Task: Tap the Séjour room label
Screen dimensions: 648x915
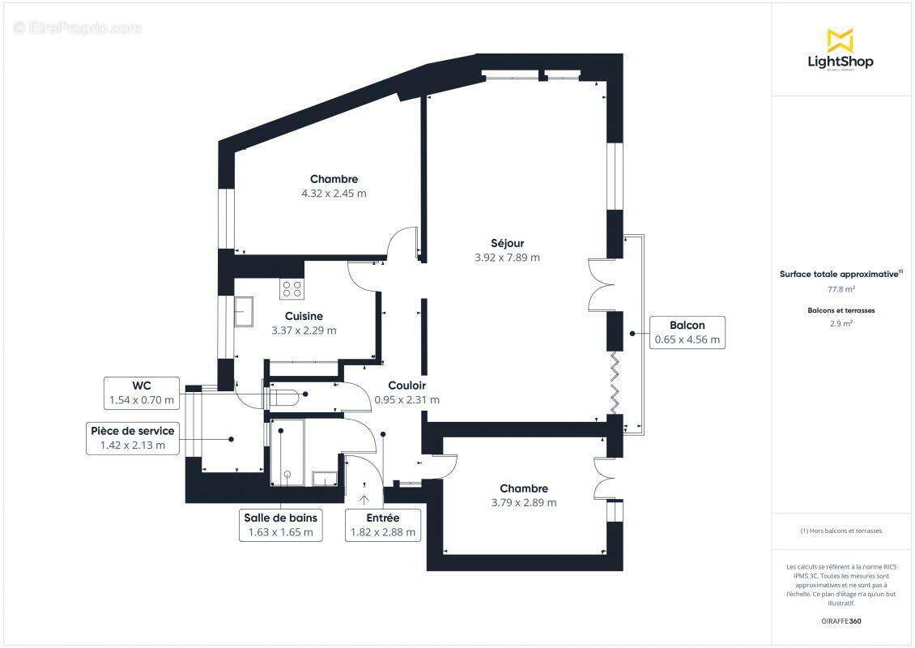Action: (x=507, y=243)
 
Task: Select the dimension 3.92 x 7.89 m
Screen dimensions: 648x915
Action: (x=507, y=258)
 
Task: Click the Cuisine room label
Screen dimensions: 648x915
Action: (x=304, y=316)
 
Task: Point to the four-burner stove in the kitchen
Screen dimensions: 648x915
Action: (x=292, y=288)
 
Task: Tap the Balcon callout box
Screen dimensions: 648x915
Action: (x=687, y=332)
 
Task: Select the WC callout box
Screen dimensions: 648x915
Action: (x=142, y=393)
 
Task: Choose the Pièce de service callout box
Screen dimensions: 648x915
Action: (x=132, y=438)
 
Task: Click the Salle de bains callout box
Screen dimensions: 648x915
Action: (x=280, y=525)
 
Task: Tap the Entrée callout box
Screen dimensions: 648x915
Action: (x=382, y=525)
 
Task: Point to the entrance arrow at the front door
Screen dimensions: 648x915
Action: (x=364, y=499)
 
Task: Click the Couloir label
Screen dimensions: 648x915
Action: (x=406, y=386)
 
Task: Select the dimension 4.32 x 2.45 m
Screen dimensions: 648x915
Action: (x=334, y=194)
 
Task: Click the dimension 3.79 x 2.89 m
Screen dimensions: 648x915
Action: (x=524, y=502)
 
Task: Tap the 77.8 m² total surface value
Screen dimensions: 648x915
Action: (x=841, y=288)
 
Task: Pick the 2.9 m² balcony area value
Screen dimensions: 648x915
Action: (x=841, y=323)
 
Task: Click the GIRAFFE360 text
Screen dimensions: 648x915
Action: (x=841, y=621)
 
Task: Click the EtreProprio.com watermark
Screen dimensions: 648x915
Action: (x=78, y=28)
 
